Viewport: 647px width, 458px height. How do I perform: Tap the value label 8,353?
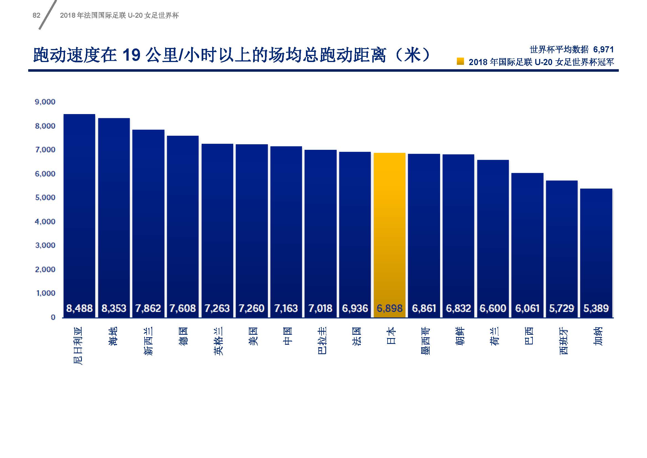tap(114, 308)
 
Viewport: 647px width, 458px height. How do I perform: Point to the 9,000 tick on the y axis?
tap(45, 102)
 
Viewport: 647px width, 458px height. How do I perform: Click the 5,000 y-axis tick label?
tap(45, 197)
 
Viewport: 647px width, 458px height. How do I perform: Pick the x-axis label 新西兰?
tap(149, 341)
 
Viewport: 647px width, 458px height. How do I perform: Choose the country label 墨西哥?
tap(425, 341)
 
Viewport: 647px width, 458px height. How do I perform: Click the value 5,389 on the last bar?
tap(596, 308)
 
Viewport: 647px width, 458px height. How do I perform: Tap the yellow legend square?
tap(460, 61)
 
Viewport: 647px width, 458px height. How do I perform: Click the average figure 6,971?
tap(603, 50)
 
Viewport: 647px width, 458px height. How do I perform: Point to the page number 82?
tap(36, 16)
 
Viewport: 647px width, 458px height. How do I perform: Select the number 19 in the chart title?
tap(131, 55)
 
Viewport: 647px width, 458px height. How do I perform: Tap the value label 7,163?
tap(286, 308)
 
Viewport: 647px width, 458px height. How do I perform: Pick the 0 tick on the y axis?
tap(53, 318)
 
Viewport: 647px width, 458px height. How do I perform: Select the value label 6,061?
tap(527, 308)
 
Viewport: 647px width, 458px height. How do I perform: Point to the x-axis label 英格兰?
tap(217, 341)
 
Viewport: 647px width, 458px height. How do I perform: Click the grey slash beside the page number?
tap(48, 15)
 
